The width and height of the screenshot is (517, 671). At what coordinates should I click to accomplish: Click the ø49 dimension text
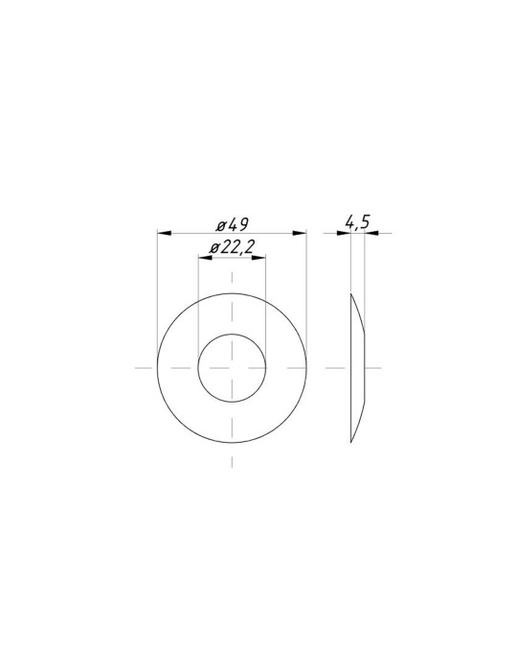(233, 224)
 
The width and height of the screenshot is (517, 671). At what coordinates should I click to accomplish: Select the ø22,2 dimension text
(232, 247)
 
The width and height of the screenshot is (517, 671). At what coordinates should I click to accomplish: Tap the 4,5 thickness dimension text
(357, 222)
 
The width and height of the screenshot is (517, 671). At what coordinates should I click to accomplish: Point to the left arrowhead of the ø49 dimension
(164, 233)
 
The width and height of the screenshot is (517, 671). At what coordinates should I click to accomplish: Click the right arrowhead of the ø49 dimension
(300, 233)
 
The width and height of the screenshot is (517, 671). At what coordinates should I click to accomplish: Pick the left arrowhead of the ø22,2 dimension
(205, 258)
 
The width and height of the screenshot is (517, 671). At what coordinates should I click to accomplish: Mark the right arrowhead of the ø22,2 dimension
(258, 258)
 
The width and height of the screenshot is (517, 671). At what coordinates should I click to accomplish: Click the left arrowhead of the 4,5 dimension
(344, 233)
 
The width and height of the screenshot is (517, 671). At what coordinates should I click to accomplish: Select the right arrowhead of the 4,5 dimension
(371, 233)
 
